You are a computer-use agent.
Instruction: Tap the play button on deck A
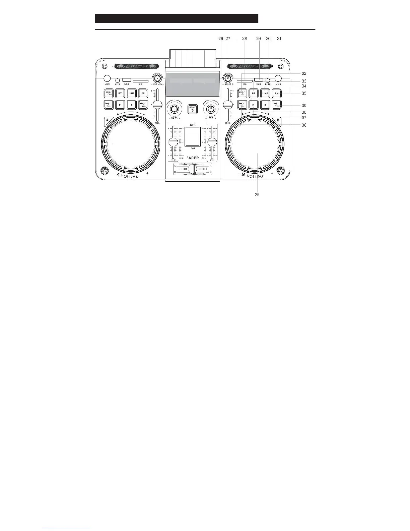tap(120, 105)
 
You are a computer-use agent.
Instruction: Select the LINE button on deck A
tap(132, 93)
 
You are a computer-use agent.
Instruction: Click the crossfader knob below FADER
tap(192, 169)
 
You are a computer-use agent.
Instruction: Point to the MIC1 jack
tap(107, 78)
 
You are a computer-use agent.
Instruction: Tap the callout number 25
tap(257, 194)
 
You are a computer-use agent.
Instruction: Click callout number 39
tap(304, 105)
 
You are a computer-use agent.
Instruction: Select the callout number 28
tap(245, 39)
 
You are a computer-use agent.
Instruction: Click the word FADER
tap(193, 158)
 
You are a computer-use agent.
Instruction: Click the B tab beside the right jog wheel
tap(278, 120)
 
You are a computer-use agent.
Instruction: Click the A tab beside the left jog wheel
tap(107, 120)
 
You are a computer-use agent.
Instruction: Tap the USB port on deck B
tap(258, 80)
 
